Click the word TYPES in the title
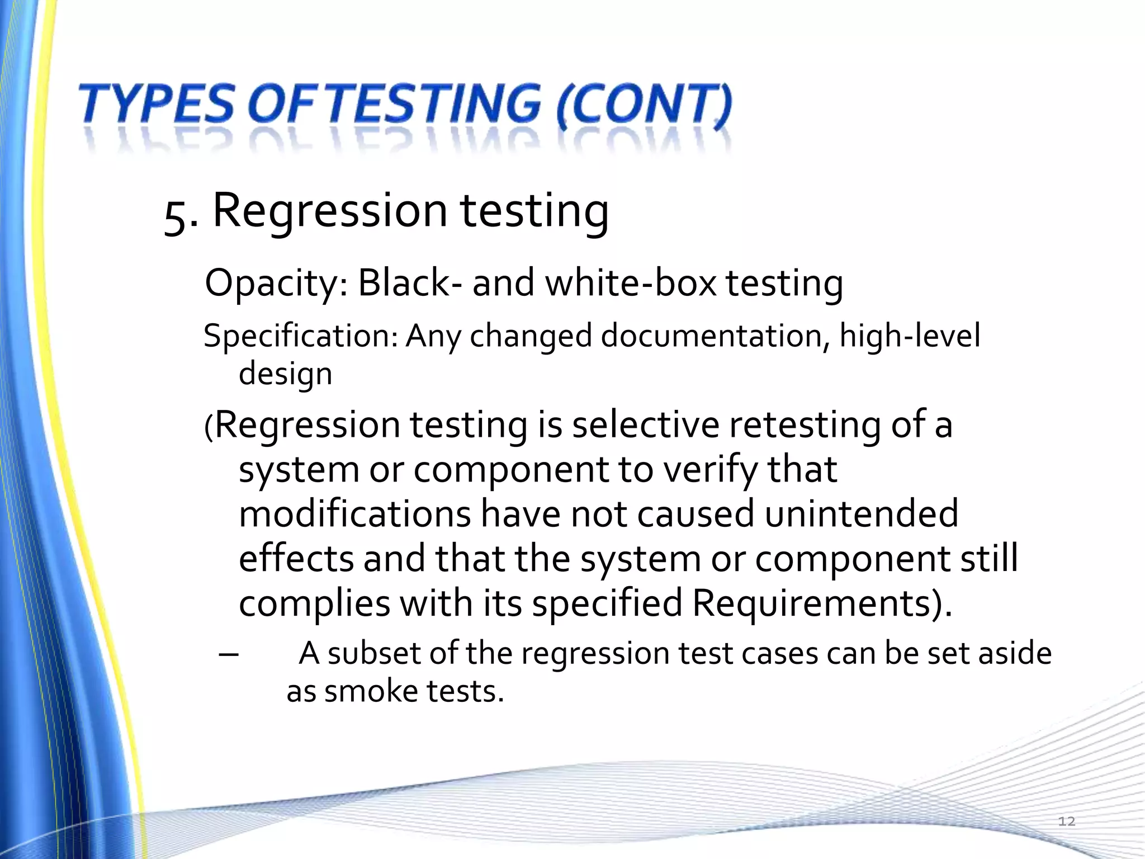(157, 105)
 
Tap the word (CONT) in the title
(644, 105)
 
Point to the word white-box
(631, 283)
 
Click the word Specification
(300, 337)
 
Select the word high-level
(910, 337)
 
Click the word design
(285, 374)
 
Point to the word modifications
(354, 515)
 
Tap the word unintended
(861, 515)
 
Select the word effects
(296, 559)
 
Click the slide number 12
(1067, 821)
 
